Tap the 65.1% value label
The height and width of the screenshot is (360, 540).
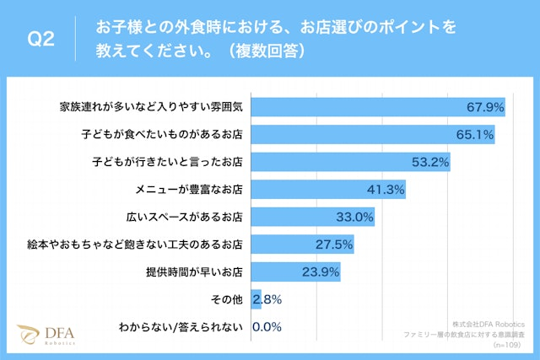(474, 134)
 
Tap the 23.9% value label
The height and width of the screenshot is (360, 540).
(321, 271)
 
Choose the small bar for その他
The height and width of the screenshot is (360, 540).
(256, 299)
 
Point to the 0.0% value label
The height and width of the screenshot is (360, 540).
(267, 327)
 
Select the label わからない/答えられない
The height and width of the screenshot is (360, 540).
(185, 327)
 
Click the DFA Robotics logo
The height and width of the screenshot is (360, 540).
(47, 335)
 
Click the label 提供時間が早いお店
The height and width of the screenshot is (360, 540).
(194, 271)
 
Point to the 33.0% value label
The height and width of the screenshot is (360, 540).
(354, 217)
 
